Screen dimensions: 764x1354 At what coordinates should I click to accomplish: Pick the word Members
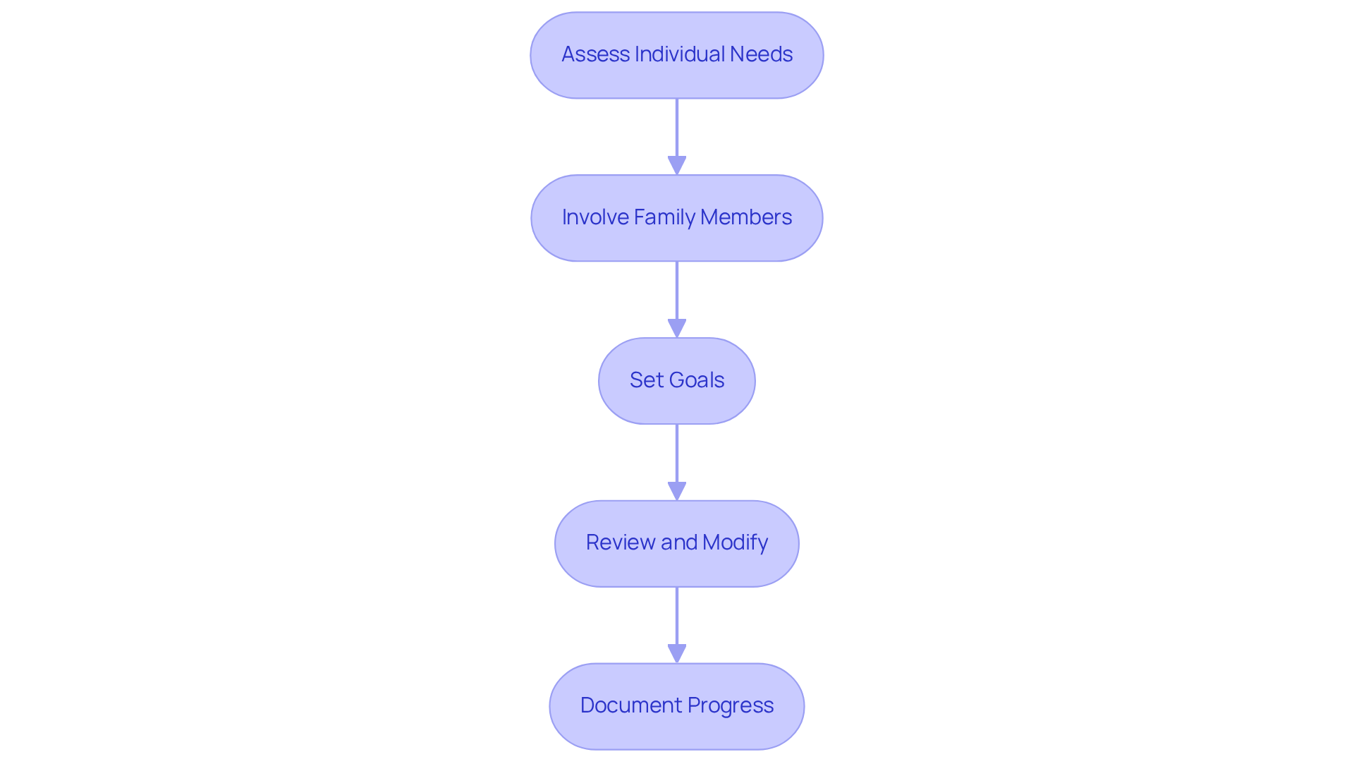746,217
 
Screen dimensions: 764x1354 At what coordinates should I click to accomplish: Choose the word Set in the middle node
645,380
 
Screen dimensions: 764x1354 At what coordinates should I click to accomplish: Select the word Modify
735,542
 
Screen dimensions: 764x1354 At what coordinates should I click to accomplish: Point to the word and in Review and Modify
679,542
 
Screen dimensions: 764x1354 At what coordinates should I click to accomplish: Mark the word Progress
731,705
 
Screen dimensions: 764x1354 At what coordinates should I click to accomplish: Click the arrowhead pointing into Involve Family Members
677,166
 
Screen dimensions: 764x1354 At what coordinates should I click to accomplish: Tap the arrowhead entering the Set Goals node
677,329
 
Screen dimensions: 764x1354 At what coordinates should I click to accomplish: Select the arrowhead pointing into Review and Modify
677,492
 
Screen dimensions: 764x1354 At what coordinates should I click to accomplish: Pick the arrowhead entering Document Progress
677,654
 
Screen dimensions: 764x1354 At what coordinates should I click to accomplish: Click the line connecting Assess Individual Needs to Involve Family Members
677,127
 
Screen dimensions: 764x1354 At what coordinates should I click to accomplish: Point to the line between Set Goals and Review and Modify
677,453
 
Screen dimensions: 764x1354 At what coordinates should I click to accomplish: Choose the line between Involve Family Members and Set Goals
677,290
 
